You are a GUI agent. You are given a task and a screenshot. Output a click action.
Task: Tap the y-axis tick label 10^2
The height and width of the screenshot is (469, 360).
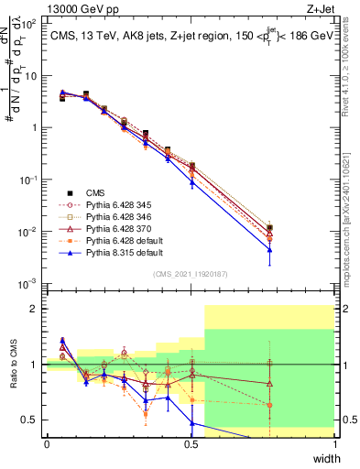tap(30, 25)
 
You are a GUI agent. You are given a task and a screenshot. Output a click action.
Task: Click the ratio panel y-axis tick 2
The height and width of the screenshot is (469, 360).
tap(35, 309)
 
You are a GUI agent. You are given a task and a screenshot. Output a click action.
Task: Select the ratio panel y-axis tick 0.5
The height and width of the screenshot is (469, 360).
tap(31, 420)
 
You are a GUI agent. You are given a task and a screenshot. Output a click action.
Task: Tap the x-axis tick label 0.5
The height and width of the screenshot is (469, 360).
tap(191, 443)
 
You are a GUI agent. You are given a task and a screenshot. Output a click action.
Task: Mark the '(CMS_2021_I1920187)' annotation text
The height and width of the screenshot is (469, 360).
tap(191, 274)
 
